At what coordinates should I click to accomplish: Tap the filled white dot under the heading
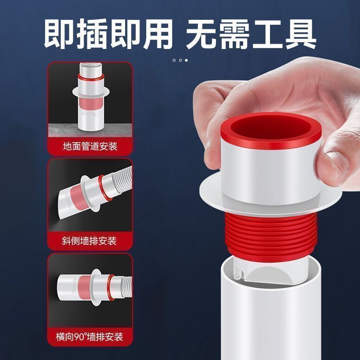click(186, 60)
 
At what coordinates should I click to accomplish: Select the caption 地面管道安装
click(90, 146)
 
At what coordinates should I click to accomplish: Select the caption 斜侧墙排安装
click(89, 241)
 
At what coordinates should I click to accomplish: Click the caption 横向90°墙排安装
click(90, 337)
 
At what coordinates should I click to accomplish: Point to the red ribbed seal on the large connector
click(271, 237)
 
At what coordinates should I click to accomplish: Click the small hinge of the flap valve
click(238, 275)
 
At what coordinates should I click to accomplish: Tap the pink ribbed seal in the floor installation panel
click(90, 103)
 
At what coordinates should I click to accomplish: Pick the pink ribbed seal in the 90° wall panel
click(85, 288)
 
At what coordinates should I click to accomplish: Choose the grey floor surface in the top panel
click(90, 130)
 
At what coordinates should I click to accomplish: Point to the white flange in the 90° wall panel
click(96, 288)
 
